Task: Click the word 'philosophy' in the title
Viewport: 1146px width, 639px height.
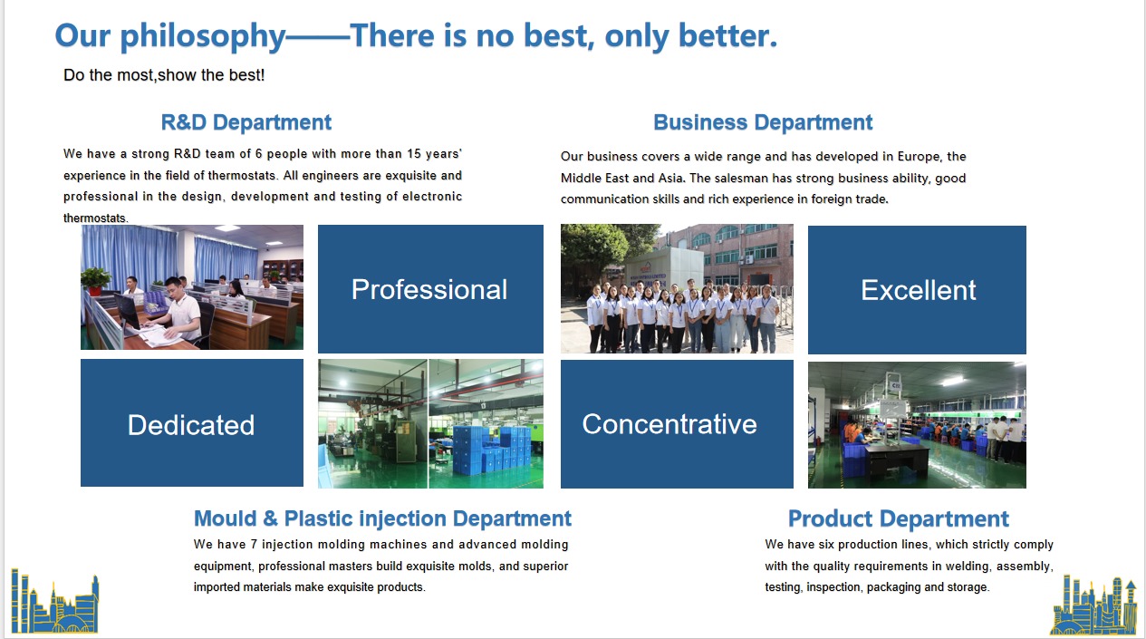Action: click(203, 37)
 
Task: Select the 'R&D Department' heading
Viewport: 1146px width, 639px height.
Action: click(246, 122)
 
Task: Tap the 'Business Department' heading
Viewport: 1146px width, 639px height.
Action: click(763, 122)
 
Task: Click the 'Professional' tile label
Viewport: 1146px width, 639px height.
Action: click(429, 290)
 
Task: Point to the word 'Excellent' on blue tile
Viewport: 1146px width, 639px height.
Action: click(919, 290)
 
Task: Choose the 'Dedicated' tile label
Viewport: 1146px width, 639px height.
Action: click(191, 425)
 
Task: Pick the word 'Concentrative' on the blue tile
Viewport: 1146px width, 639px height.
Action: click(669, 424)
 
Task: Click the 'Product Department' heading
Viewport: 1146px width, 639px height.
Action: click(899, 518)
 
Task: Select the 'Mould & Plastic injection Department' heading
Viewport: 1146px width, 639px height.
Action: click(382, 518)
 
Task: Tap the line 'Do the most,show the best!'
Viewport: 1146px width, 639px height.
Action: click(164, 75)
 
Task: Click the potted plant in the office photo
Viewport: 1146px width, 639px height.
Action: click(95, 281)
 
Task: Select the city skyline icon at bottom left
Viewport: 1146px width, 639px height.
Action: click(54, 602)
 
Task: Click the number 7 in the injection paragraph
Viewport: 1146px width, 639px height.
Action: click(254, 545)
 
